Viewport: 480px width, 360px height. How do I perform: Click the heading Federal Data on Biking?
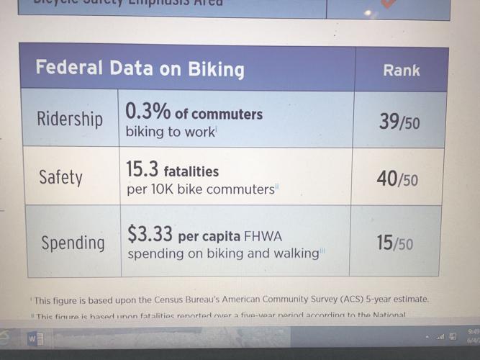coord(140,69)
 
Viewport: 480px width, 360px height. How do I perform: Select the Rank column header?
coord(402,71)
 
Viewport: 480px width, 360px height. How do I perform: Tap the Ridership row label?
coord(70,119)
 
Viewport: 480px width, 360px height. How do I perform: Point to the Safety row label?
coord(61,176)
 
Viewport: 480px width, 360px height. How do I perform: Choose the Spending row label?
coord(73,243)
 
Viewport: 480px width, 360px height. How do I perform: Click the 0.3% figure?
coord(147,113)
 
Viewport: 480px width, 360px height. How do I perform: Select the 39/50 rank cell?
coord(399,122)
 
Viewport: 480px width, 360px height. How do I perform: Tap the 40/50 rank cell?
coord(397,179)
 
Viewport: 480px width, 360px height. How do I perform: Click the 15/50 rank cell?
coord(395,243)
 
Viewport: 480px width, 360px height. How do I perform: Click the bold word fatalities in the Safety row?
coord(191,172)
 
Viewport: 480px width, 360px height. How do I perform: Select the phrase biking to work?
coord(170,132)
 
